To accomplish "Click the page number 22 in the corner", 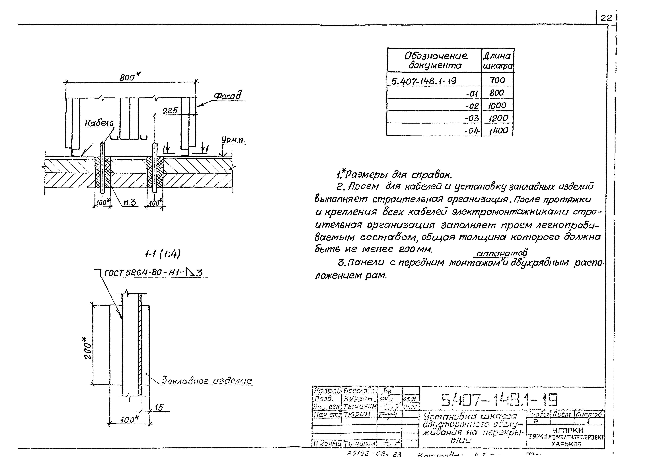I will (x=606, y=18).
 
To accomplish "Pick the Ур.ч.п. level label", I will (x=233, y=140).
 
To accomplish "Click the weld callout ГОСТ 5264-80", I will (x=153, y=273).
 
